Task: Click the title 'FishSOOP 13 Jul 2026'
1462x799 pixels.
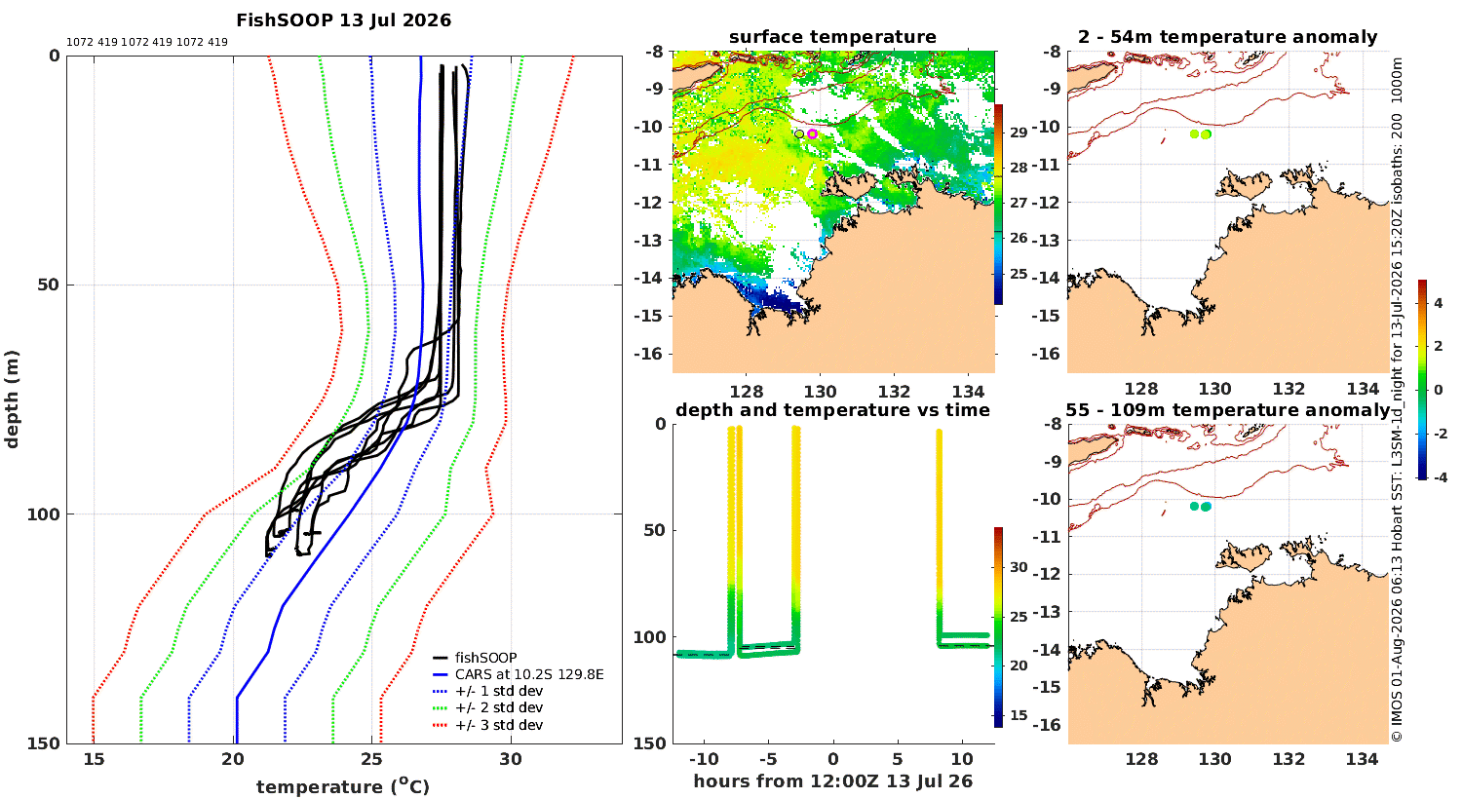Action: click(x=343, y=20)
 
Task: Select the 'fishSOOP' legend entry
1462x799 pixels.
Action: click(x=485, y=658)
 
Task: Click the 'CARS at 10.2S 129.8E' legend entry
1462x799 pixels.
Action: click(x=529, y=674)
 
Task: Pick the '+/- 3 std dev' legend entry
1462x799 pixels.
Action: click(x=499, y=725)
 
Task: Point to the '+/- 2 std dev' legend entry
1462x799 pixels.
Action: click(x=499, y=707)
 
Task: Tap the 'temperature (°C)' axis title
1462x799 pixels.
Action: click(x=343, y=786)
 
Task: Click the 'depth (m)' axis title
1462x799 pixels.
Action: click(x=12, y=399)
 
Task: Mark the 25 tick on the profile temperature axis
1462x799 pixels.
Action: click(x=372, y=760)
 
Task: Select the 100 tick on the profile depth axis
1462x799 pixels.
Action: click(x=43, y=514)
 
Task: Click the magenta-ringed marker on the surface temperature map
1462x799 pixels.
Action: click(x=812, y=133)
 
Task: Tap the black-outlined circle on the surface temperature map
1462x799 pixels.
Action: click(x=799, y=133)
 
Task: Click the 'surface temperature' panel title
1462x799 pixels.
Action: click(x=832, y=37)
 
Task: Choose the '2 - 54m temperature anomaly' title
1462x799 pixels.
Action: click(x=1228, y=37)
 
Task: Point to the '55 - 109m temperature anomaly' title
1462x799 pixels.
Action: click(x=1228, y=409)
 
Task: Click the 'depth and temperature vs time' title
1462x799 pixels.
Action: click(x=832, y=409)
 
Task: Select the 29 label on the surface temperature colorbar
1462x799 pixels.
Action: click(x=1019, y=133)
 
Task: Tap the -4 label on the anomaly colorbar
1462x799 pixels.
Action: click(x=1440, y=477)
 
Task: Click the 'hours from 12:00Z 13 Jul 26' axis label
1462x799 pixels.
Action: click(x=832, y=781)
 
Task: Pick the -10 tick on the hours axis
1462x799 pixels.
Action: click(x=704, y=759)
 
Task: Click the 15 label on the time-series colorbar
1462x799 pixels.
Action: click(x=1019, y=715)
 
